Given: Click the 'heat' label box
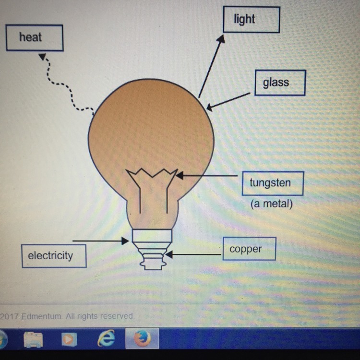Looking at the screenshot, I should coord(34,37).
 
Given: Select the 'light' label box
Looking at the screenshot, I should coord(251,20).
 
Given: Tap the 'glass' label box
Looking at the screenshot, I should coord(280,83).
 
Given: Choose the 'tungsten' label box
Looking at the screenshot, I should coord(273,183).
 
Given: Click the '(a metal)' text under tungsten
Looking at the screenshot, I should coord(271,204).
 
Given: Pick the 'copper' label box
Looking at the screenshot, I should coord(249,249).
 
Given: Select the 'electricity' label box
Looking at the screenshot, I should coord(54,255).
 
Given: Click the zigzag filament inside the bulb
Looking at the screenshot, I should coord(152,174).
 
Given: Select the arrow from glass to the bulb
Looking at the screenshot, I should coord(228,101).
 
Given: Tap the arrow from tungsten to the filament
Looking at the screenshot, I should coord(206,176).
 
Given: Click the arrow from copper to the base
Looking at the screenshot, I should coord(192,254).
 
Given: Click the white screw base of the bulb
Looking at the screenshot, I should coord(152,250).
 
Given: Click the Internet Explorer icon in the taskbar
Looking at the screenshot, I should coord(107,339).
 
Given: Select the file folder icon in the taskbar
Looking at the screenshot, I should coord(33,339).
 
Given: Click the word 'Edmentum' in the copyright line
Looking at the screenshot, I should coord(41,316).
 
